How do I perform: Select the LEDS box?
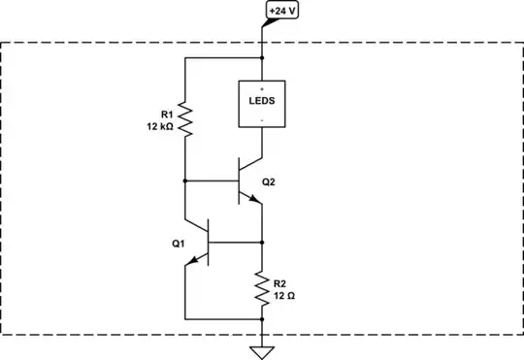pyautogui.click(x=264, y=102)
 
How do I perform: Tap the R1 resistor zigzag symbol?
pyautogui.click(x=184, y=122)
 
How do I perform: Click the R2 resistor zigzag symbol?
pyautogui.click(x=263, y=287)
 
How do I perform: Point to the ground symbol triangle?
pyautogui.click(x=263, y=351)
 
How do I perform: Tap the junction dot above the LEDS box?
pyautogui.click(x=263, y=58)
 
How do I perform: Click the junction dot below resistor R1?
pyautogui.click(x=184, y=180)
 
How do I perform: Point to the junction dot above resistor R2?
pyautogui.click(x=263, y=241)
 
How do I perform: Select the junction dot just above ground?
pyautogui.click(x=263, y=318)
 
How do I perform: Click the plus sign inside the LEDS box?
pyautogui.click(x=263, y=87)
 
